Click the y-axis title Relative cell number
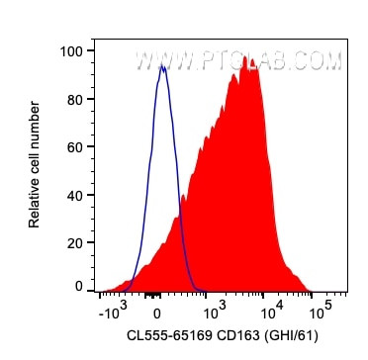[36, 168]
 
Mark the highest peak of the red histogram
[249, 57]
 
